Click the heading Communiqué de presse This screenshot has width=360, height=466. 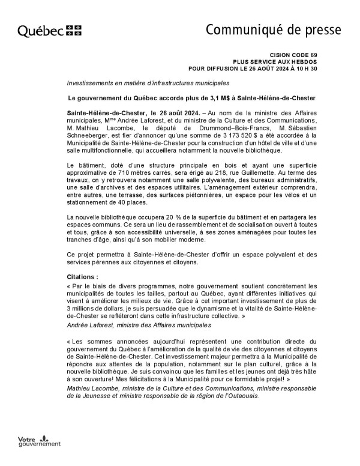tap(274, 29)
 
